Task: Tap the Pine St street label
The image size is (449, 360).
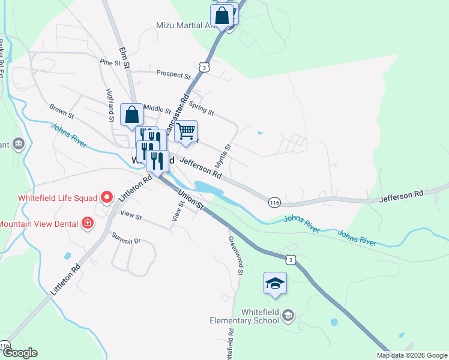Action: (110, 62)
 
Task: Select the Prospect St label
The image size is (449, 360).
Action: (173, 75)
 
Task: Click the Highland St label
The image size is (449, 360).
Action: (110, 102)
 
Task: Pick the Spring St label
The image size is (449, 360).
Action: (201, 107)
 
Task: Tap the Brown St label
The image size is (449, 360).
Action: (61, 110)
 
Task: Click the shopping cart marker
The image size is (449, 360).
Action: (186, 130)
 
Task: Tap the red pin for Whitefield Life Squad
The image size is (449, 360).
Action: (107, 196)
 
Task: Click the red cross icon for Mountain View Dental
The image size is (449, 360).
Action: (88, 224)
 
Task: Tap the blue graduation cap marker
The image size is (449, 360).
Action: (275, 283)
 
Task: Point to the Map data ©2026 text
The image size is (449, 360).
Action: (412, 355)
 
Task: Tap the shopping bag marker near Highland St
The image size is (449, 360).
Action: (131, 114)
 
